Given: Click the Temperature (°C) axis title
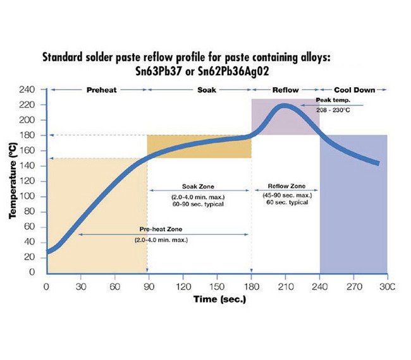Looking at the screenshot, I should pyautogui.click(x=13, y=181).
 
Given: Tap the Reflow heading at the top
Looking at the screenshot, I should pyautogui.click(x=285, y=90).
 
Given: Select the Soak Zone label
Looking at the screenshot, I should pyautogui.click(x=199, y=187).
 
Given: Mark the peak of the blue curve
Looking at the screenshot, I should pyautogui.click(x=285, y=105).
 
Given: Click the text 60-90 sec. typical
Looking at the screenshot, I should pyautogui.click(x=199, y=204).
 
